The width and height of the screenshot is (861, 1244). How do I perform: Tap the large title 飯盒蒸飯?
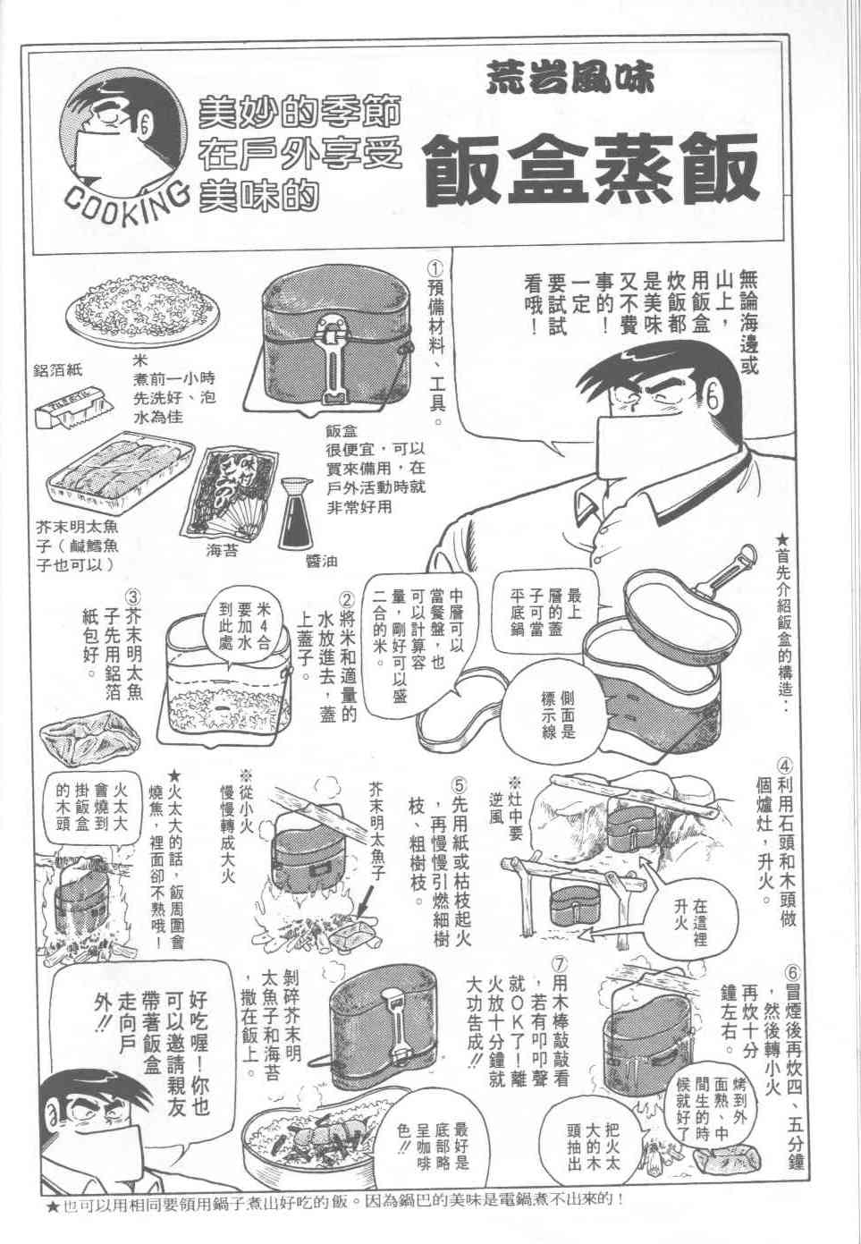coord(592,167)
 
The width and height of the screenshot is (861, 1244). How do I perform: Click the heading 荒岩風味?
coord(570,79)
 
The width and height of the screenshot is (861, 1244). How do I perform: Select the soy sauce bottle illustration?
coord(298,513)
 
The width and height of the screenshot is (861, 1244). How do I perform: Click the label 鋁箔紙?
coord(58,371)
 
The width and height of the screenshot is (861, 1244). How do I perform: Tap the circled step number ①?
coord(436,270)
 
